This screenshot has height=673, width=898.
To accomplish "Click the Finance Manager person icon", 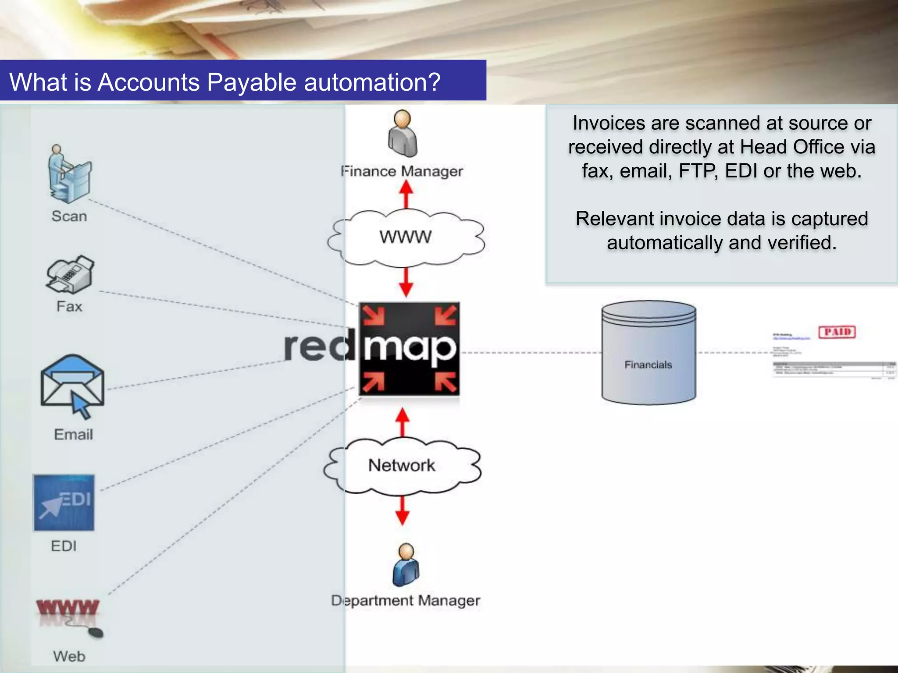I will pyautogui.click(x=403, y=134).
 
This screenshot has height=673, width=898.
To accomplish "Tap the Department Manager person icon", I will pyautogui.click(x=406, y=565).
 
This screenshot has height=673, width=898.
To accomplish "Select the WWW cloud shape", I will pyautogui.click(x=406, y=237).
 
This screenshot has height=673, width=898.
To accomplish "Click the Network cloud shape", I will pyautogui.click(x=402, y=466).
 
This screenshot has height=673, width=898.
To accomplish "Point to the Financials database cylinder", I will pyautogui.click(x=649, y=353).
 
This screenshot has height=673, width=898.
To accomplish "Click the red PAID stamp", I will pyautogui.click(x=837, y=332).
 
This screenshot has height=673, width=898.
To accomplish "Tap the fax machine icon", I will pyautogui.click(x=70, y=275).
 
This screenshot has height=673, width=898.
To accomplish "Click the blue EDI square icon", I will pyautogui.click(x=64, y=503).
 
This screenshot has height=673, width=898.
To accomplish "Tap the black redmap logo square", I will pyautogui.click(x=409, y=349).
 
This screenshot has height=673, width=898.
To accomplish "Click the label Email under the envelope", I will pyautogui.click(x=73, y=434).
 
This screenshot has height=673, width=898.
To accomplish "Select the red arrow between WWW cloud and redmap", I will pyautogui.click(x=406, y=283).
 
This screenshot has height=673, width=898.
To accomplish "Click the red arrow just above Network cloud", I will pyautogui.click(x=403, y=422).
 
